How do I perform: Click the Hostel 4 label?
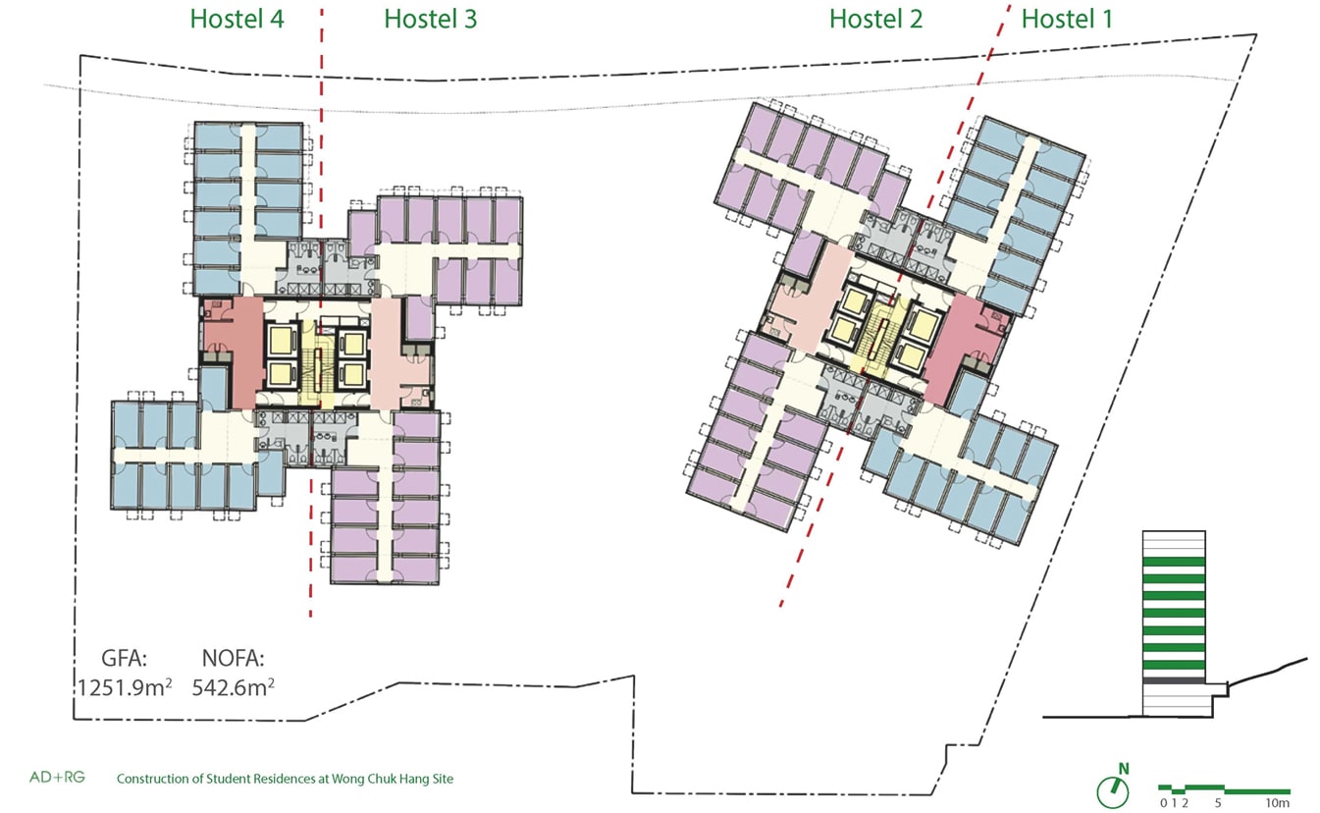[x=237, y=19]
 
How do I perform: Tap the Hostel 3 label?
[x=430, y=19]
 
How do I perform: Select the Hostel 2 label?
[x=875, y=19]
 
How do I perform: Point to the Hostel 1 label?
[x=1067, y=19]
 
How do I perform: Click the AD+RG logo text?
[x=57, y=778]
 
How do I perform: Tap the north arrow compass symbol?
[x=1113, y=788]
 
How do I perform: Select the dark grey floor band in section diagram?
[x=1174, y=680]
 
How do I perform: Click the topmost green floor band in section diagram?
[x=1174, y=562]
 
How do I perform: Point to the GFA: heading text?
[x=125, y=658]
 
